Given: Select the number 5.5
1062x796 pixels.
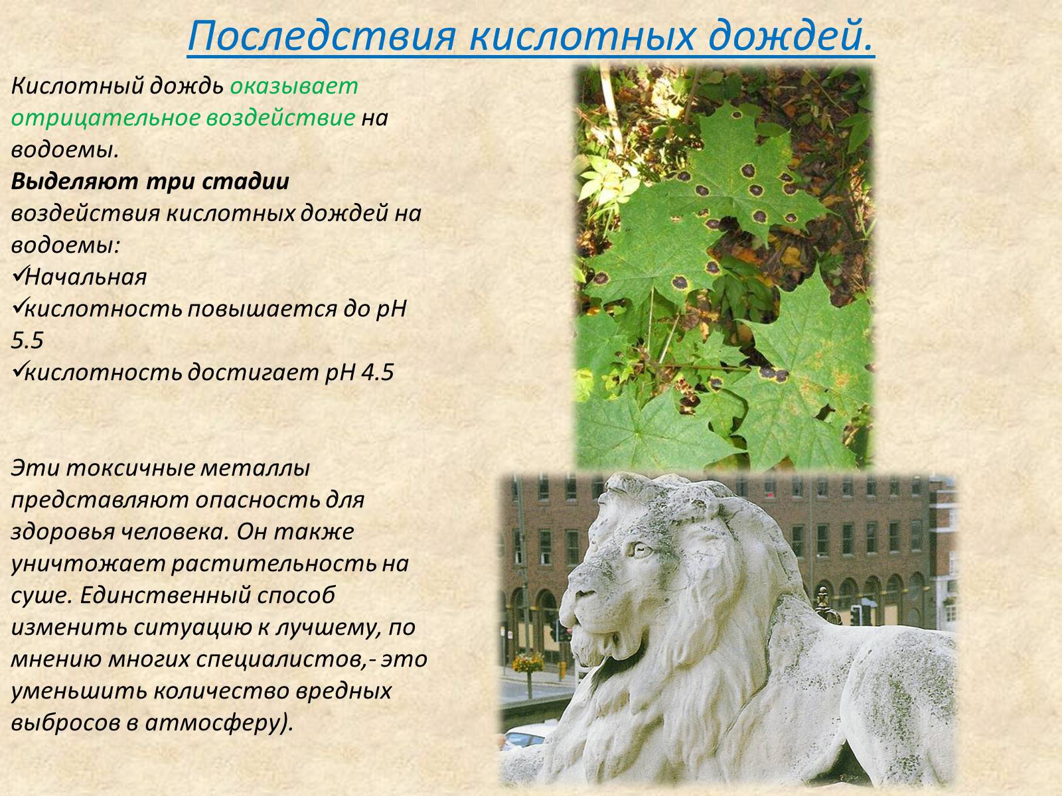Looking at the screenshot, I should (27, 341).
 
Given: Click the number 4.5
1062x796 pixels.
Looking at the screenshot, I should (377, 373).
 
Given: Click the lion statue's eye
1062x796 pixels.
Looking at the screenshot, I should (641, 550).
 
